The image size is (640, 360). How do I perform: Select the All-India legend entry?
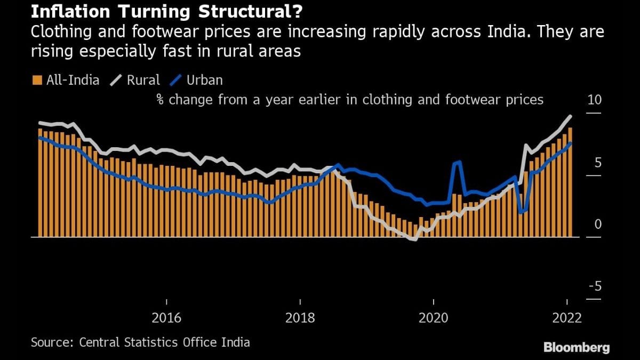(x=66, y=81)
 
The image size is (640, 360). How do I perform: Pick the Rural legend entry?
(x=135, y=81)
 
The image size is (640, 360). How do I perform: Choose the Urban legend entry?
(x=196, y=81)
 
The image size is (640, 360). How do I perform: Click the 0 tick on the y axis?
(x=598, y=225)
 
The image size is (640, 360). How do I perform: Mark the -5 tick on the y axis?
(x=595, y=286)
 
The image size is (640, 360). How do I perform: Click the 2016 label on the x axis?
(x=166, y=318)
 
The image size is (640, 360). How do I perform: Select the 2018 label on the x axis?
(x=300, y=318)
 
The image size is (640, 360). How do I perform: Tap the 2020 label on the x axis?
(x=433, y=318)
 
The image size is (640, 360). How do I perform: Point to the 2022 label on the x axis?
(x=566, y=318)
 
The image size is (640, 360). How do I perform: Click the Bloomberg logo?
(x=577, y=348)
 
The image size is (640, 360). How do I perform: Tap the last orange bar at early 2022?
(x=570, y=181)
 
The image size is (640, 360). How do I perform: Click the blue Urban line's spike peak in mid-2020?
(x=459, y=162)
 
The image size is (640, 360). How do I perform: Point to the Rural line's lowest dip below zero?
(x=414, y=239)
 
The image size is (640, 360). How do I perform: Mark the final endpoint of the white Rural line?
(x=571, y=116)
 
